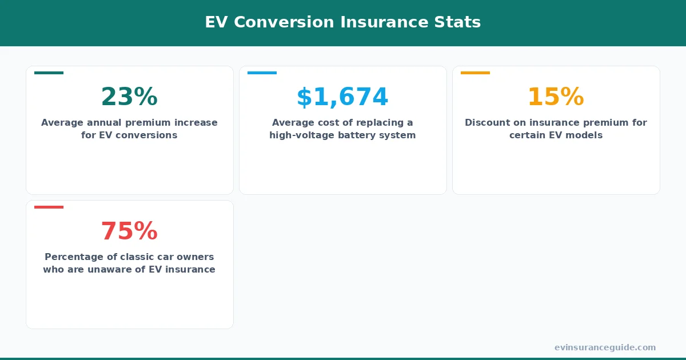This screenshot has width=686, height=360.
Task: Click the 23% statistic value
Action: pyautogui.click(x=129, y=97)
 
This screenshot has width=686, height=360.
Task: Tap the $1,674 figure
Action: pyautogui.click(x=342, y=97)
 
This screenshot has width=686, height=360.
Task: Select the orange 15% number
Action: pyautogui.click(x=556, y=97)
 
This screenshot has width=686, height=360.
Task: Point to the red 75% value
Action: pyautogui.click(x=129, y=231)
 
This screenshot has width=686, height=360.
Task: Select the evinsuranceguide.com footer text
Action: pyautogui.click(x=605, y=347)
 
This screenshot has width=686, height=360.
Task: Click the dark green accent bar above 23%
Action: pyautogui.click(x=49, y=73)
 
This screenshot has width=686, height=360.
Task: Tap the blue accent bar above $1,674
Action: pyautogui.click(x=262, y=73)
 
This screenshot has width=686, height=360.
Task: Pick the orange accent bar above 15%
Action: pyautogui.click(x=475, y=73)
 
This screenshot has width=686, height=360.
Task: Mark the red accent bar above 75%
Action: pyautogui.click(x=49, y=207)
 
